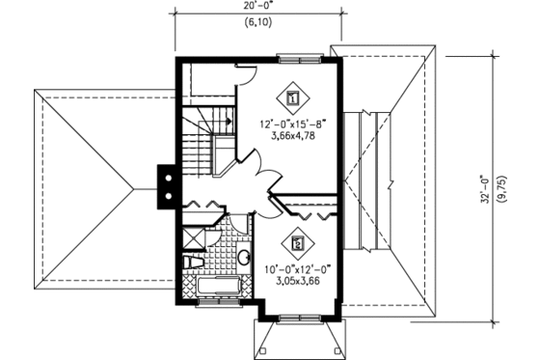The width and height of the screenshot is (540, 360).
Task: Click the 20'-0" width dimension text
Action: tap(257, 7)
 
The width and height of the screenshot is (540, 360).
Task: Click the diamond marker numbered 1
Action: tap(294, 97)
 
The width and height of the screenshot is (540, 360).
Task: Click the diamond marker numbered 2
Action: tap(298, 244)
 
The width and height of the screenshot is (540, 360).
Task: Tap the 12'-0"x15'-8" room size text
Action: tap(288, 124)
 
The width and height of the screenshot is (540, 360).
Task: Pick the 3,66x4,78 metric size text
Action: tap(288, 136)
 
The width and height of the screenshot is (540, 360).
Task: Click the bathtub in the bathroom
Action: tap(213, 289)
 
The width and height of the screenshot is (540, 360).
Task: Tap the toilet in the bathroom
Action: tap(193, 262)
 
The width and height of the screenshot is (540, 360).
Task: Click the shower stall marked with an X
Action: tap(193, 237)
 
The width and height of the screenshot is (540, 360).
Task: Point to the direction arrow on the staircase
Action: tap(224, 121)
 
